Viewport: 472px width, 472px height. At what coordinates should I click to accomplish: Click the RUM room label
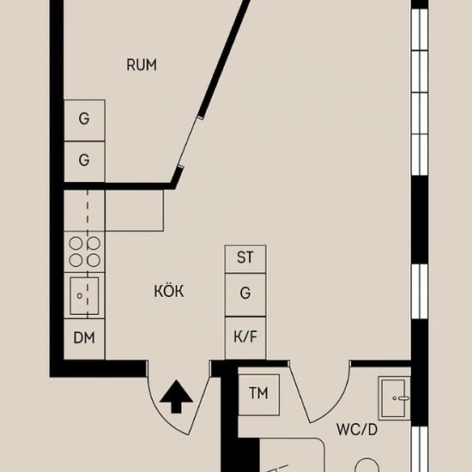click(142, 65)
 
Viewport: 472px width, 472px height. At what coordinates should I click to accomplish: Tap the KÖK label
click(169, 292)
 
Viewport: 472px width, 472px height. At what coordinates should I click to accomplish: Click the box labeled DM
click(84, 338)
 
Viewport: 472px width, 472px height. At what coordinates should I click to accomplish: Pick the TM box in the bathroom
click(258, 393)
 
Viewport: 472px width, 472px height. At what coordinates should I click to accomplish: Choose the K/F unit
click(245, 338)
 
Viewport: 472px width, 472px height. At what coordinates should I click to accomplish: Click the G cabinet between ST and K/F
click(245, 293)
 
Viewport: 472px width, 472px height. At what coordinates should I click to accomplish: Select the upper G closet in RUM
click(84, 120)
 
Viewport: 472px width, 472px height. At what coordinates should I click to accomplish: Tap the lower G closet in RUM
click(84, 160)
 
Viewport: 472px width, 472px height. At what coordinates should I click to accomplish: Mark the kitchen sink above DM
click(84, 296)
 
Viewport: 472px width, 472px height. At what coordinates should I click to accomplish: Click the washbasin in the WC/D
click(396, 397)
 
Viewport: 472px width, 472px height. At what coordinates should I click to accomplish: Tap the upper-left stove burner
click(76, 244)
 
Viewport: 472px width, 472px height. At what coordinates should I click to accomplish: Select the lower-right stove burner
click(94, 260)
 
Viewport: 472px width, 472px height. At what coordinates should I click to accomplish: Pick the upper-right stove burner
click(94, 244)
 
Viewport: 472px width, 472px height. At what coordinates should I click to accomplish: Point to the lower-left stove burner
click(76, 260)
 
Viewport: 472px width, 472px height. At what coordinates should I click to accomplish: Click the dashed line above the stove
click(88, 211)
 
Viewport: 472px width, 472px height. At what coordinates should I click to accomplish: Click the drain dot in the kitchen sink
click(80, 296)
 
